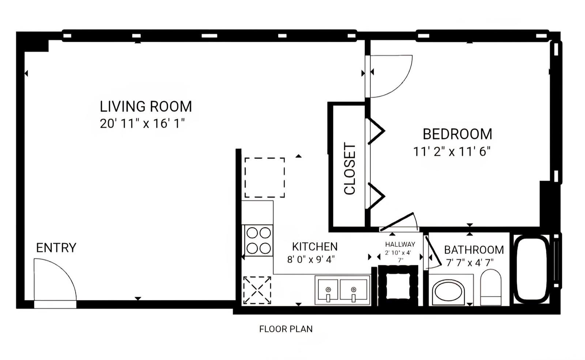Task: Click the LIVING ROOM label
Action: click(x=146, y=106)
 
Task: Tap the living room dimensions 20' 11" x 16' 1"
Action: click(x=142, y=124)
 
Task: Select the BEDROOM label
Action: click(x=457, y=134)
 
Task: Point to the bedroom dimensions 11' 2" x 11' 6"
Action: click(x=452, y=151)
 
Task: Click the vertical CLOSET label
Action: click(x=350, y=168)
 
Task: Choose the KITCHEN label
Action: click(x=315, y=247)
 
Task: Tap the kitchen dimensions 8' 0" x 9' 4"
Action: click(x=311, y=260)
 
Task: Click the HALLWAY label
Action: click(x=400, y=245)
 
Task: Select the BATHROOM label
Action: click(x=474, y=250)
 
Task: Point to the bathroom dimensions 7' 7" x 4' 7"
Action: click(x=470, y=263)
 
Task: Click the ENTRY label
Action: click(x=56, y=248)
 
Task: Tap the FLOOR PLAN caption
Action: click(x=286, y=329)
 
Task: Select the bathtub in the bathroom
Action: click(x=532, y=269)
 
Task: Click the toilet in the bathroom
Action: click(x=491, y=287)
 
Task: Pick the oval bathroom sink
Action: click(x=448, y=292)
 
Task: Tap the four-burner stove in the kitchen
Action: click(x=258, y=240)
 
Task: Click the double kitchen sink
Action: click(x=342, y=290)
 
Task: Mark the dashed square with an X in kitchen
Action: click(x=257, y=290)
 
